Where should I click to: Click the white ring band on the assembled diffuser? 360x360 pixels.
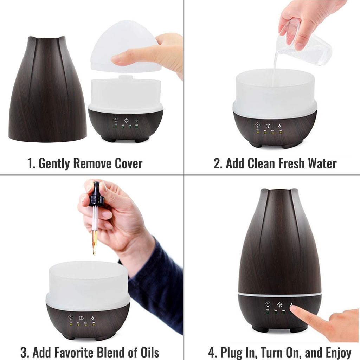click(279, 293)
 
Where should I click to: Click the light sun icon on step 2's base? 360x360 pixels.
click(268, 125)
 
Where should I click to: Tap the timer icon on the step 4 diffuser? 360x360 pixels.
click(268, 304)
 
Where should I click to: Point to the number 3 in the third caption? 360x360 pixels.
click(24, 352)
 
